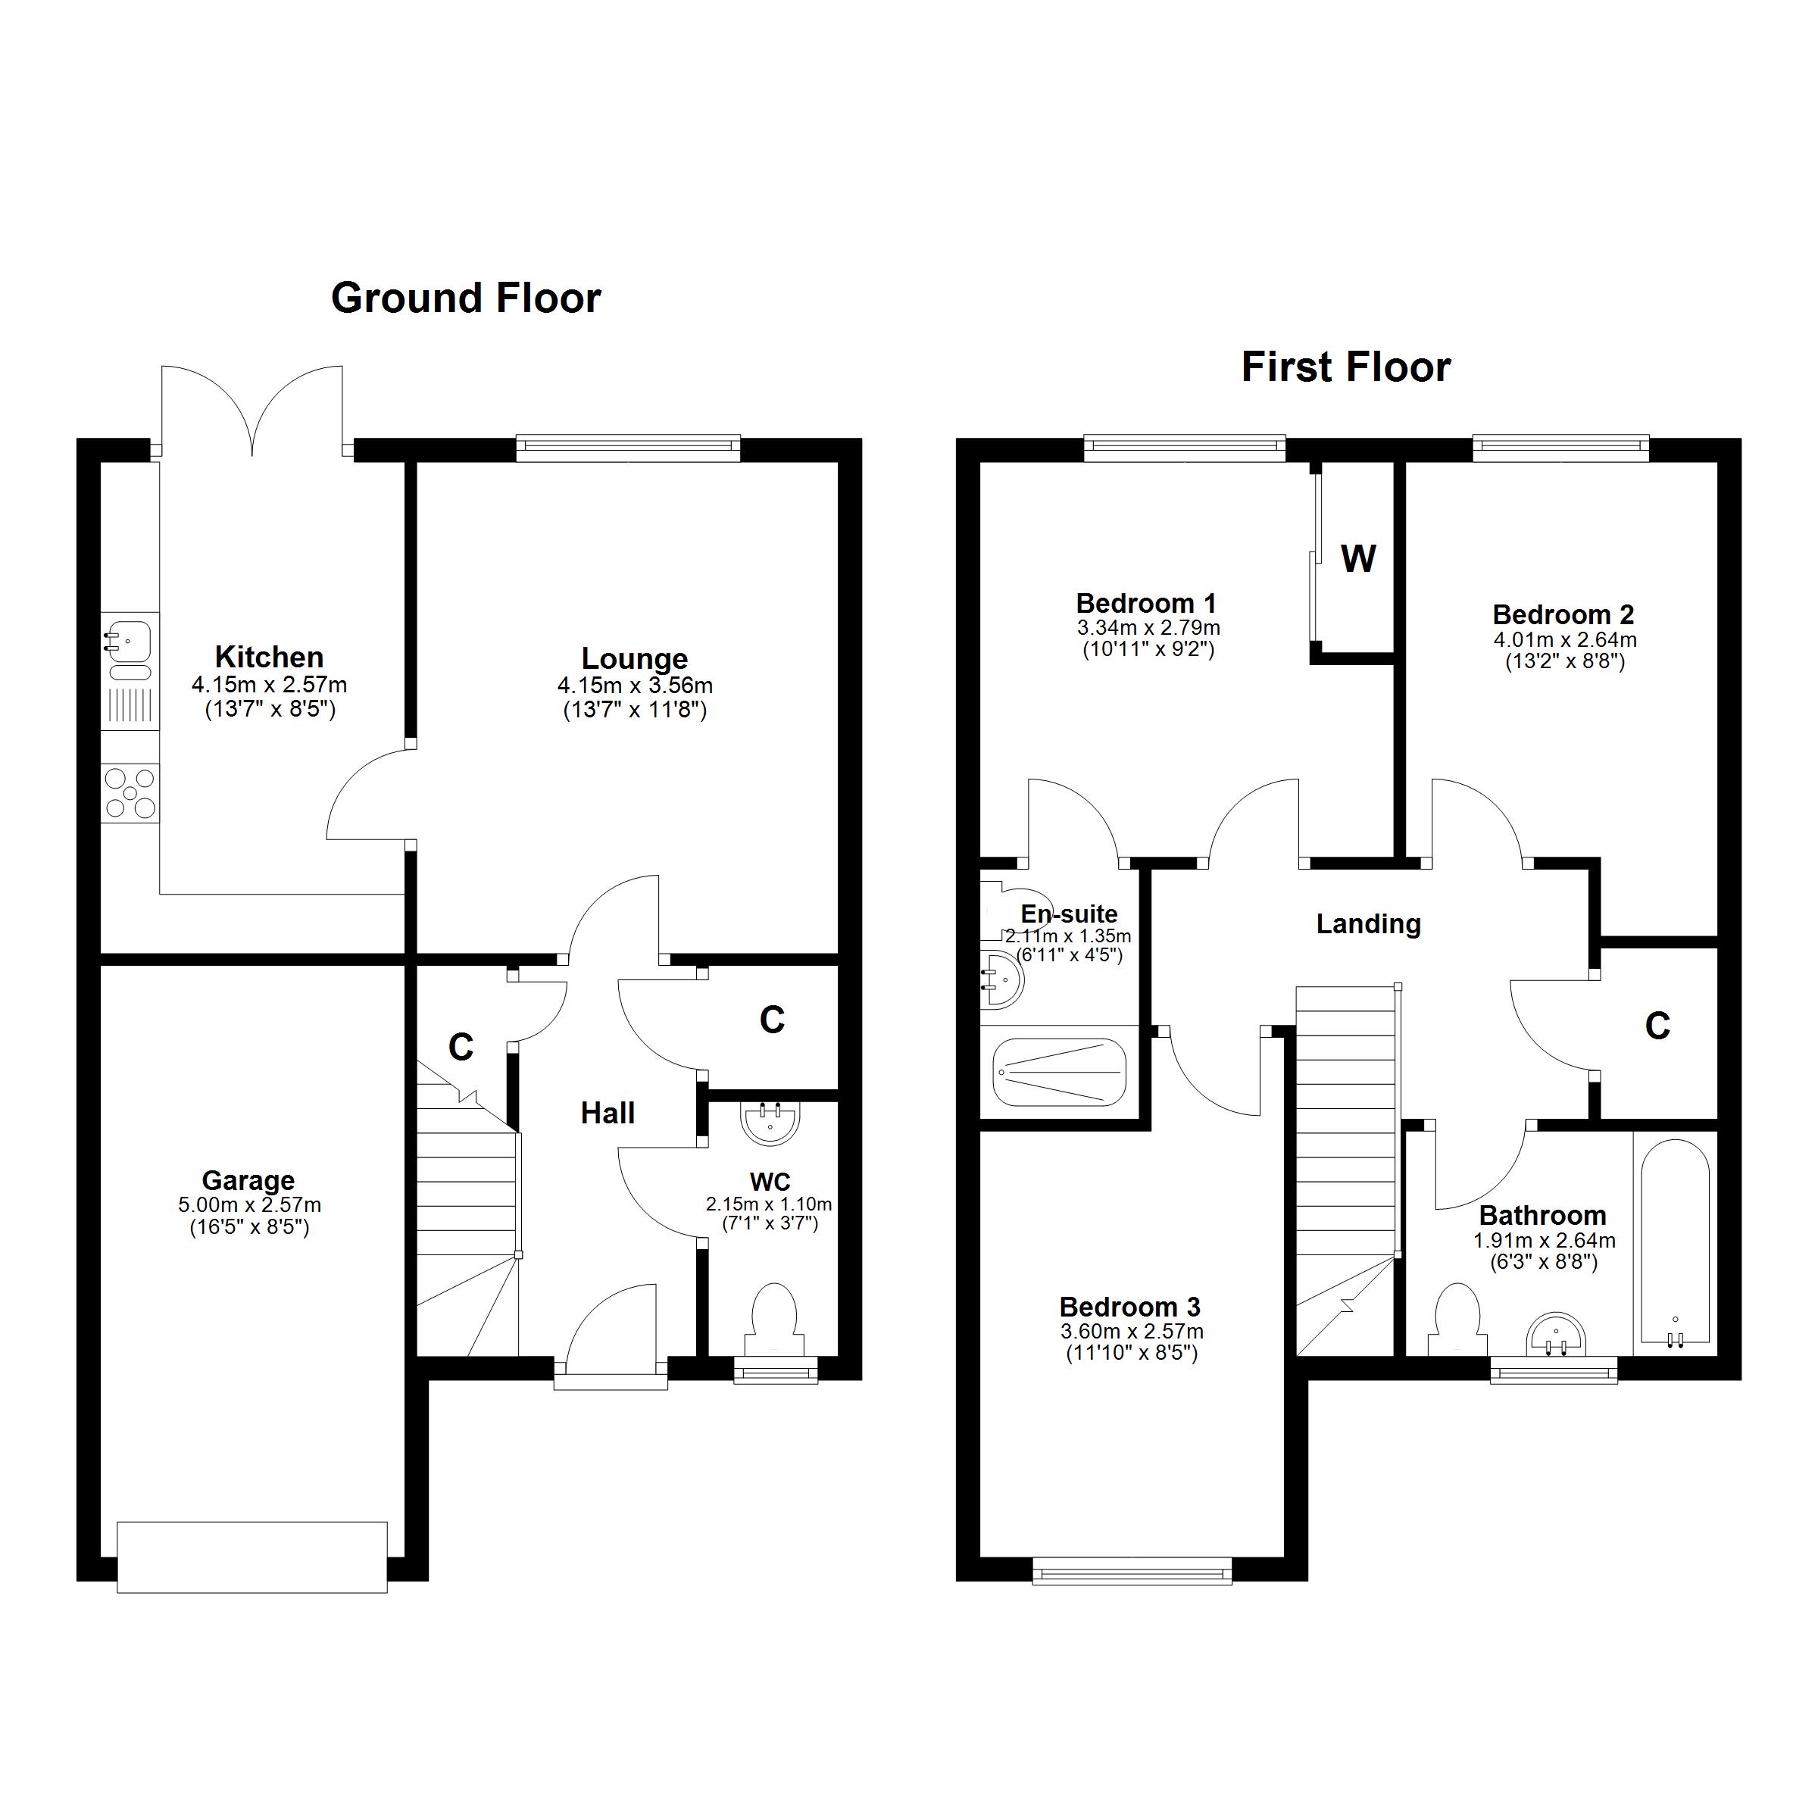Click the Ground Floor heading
466,298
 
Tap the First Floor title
1345,367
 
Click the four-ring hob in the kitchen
130,793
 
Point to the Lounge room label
633,659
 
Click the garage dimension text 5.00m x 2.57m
249,1204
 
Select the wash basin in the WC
770,1122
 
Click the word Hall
607,1114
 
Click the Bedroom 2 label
1563,614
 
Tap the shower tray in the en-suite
1059,1073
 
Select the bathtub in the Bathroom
1674,1242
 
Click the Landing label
1367,924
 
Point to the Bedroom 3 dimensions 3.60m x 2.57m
1131,1332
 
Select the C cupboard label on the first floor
1657,1026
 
